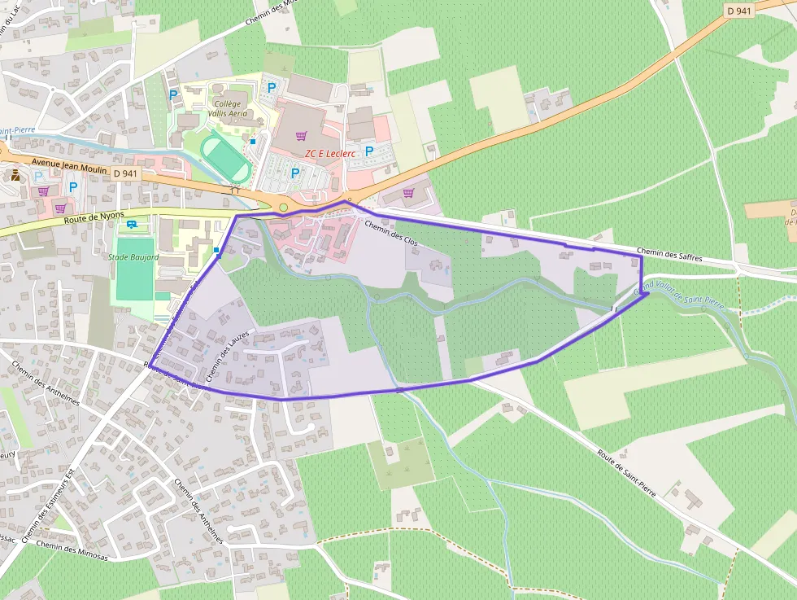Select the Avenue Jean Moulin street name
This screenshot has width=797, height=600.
point(68,163)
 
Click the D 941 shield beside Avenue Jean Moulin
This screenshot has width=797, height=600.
point(126,173)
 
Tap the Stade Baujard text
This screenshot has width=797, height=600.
point(133,257)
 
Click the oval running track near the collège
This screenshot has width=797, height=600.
point(225,158)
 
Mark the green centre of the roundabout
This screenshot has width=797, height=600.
point(283,207)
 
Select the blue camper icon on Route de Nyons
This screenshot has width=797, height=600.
point(132,225)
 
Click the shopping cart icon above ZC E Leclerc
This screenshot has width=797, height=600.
point(302,136)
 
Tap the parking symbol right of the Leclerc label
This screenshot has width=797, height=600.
point(368,151)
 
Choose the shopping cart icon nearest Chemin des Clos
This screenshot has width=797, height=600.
point(408,193)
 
